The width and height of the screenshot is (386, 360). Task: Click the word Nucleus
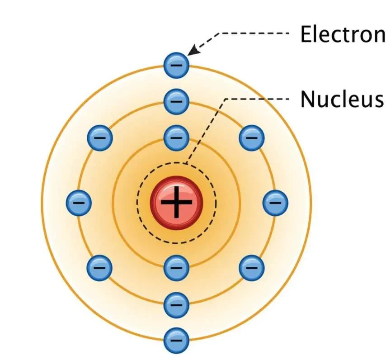(x=342, y=99)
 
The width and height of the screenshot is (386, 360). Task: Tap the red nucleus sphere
(x=176, y=203)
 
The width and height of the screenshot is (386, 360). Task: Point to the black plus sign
(x=176, y=203)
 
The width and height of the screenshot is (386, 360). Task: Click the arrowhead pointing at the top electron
(x=192, y=51)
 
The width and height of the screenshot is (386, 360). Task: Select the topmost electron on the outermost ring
(x=176, y=64)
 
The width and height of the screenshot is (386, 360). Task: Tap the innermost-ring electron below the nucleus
(x=176, y=268)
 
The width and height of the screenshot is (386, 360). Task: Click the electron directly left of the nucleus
(x=79, y=202)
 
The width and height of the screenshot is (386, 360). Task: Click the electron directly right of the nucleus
(x=275, y=202)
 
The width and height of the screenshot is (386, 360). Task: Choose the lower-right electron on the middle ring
(x=252, y=268)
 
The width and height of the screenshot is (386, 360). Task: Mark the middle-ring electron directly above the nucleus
(x=176, y=101)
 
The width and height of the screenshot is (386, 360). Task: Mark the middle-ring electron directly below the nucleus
(x=176, y=304)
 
